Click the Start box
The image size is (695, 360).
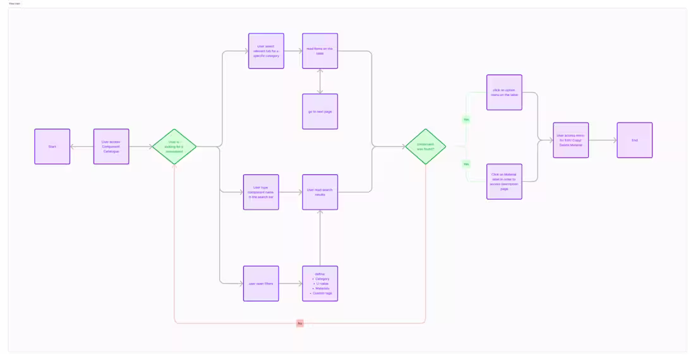point(52,147)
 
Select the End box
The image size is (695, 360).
point(634,140)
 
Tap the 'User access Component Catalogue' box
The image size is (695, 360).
point(111,147)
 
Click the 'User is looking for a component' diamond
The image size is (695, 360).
point(174,147)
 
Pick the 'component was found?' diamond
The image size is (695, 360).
point(425,147)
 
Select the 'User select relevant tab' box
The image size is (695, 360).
point(266,51)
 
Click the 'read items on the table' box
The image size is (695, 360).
point(320,51)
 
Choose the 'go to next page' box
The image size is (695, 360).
point(320,112)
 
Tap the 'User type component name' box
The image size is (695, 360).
point(261,192)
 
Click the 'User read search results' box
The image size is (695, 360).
point(320,192)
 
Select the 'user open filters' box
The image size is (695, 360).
point(261,284)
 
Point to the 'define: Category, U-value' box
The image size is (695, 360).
point(320,284)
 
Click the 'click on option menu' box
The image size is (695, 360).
point(504,92)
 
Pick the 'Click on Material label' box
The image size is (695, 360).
point(504,182)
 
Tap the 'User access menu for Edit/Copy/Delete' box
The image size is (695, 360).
point(571,140)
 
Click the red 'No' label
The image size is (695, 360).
point(300,323)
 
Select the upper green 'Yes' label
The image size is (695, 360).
point(466,119)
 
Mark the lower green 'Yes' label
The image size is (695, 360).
point(466,164)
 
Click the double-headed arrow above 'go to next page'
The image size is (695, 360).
point(320,81)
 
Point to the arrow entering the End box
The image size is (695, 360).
point(603,140)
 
